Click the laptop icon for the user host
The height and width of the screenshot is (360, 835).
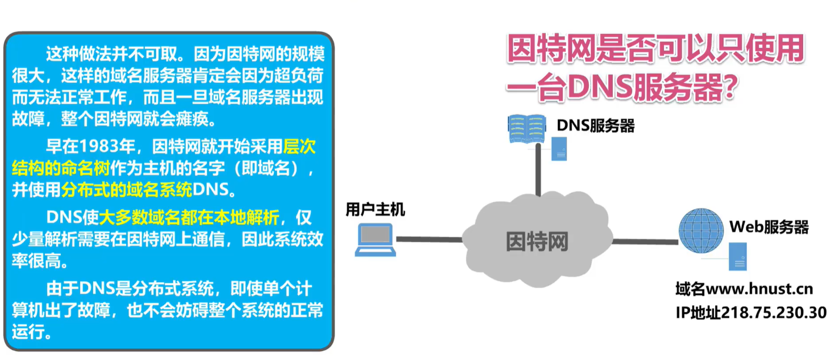point(376,240)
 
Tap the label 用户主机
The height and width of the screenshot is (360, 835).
point(375,209)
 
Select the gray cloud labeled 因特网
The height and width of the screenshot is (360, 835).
point(537,241)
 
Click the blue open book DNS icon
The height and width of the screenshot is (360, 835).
point(526,129)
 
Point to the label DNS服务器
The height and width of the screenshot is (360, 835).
point(595,125)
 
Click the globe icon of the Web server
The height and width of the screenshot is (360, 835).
point(701,231)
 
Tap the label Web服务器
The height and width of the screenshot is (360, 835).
point(769,227)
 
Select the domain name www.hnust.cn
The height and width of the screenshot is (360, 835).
point(759,289)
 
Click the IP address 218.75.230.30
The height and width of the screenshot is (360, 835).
point(773,312)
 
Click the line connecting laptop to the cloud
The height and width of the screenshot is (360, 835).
point(429,239)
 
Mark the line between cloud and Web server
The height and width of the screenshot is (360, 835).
point(645,242)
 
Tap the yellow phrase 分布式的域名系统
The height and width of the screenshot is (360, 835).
point(127,189)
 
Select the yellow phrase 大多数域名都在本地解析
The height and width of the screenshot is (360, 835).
point(189,217)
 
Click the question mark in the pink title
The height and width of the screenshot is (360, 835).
point(729,87)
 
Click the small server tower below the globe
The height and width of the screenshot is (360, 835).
point(738,256)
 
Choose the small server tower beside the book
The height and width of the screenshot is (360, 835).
point(559,148)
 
